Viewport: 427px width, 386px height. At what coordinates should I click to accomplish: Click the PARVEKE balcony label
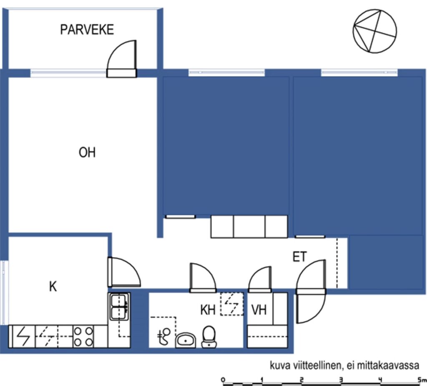(87, 30)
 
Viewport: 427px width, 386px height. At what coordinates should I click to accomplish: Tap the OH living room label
(87, 153)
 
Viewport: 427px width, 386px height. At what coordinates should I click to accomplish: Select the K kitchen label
(53, 287)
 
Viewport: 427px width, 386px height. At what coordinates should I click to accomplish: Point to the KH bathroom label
(208, 310)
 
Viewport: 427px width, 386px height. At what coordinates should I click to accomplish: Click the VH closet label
(259, 310)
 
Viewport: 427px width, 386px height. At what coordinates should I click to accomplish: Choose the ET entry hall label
(299, 257)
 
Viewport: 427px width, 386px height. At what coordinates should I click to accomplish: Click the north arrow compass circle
(375, 31)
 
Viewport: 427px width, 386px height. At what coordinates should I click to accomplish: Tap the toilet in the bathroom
(209, 337)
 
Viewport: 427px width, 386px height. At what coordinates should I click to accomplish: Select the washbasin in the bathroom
(186, 340)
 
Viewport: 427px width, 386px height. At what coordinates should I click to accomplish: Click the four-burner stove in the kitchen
(83, 336)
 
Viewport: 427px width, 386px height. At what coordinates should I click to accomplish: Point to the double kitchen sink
(119, 306)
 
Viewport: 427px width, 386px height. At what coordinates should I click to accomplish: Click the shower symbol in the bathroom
(163, 336)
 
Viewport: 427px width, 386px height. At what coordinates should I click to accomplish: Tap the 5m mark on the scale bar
(422, 379)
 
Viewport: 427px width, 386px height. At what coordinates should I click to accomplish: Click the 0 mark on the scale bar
(224, 379)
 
